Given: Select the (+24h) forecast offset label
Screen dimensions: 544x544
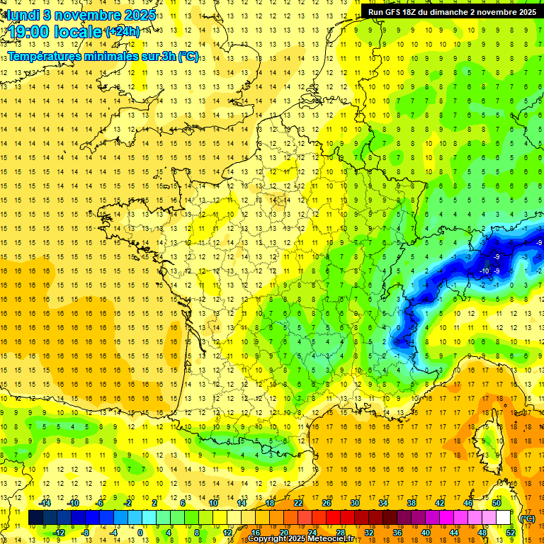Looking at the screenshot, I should [x=122, y=32].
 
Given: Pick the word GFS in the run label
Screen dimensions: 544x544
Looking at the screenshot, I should [x=395, y=12].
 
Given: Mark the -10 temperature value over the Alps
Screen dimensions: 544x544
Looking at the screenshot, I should [x=484, y=271].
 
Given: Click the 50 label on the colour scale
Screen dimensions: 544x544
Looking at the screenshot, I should [x=497, y=504].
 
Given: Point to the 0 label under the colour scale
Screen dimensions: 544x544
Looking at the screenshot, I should [x=140, y=533].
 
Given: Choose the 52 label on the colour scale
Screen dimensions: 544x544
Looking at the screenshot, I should [x=510, y=533].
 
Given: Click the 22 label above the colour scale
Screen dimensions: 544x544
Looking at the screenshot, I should [x=299, y=504].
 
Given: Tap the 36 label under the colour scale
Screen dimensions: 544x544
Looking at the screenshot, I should [x=397, y=533].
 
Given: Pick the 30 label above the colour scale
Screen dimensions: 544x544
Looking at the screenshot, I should [x=355, y=504].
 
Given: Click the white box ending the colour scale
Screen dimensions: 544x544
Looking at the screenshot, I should [x=503, y=518].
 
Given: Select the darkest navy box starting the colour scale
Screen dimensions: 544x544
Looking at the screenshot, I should [x=35, y=518].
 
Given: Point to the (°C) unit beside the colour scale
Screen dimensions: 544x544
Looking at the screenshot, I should [x=527, y=518].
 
